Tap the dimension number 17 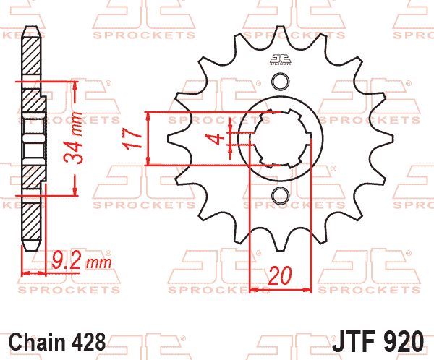point(130,139)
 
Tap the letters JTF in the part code point(358,340)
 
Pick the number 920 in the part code point(409,340)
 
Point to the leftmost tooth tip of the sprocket point(169,137)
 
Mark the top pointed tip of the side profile point(30,29)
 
